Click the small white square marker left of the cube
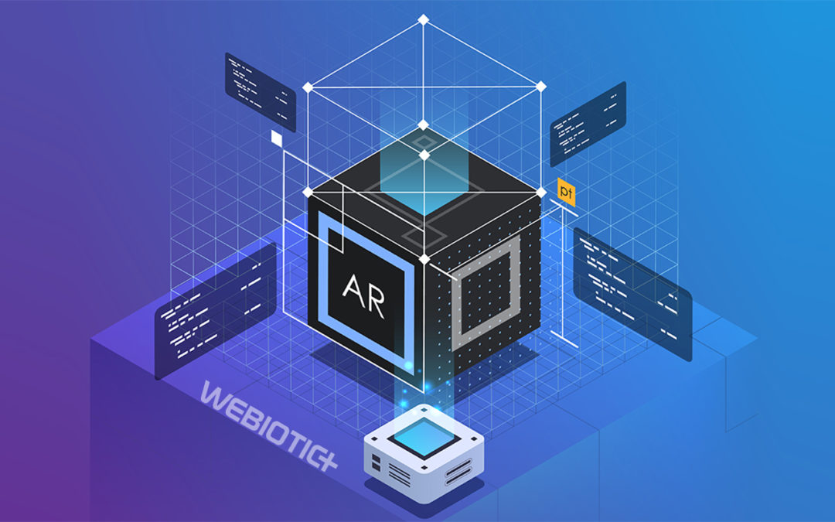click(x=277, y=138)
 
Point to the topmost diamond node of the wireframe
click(x=423, y=19)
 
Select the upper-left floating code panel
click(x=260, y=91)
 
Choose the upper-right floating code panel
click(x=588, y=125)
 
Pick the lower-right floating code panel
click(x=632, y=293)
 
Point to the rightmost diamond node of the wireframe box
click(x=541, y=85)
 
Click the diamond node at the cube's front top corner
click(x=423, y=258)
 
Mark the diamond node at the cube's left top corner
click(x=307, y=190)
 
